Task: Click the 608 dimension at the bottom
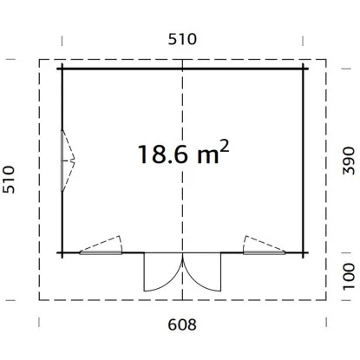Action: [x=182, y=324]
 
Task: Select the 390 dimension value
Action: [x=349, y=160]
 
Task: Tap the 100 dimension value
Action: [x=349, y=276]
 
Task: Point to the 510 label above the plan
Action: [x=182, y=39]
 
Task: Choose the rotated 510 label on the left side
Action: [x=9, y=180]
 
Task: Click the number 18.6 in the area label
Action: [x=163, y=154]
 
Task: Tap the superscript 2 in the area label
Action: [x=225, y=147]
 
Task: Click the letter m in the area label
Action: [x=208, y=158]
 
